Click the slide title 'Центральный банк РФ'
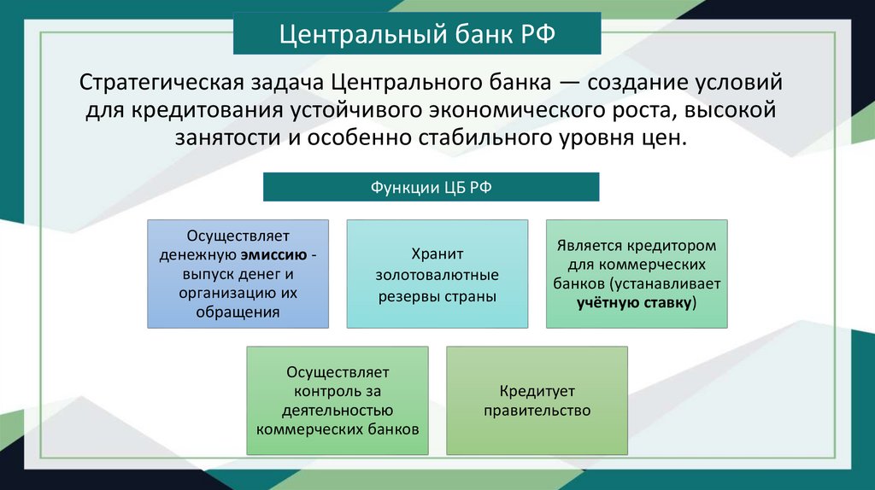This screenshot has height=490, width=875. pyautogui.click(x=418, y=37)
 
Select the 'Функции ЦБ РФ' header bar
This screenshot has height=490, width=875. pyautogui.click(x=431, y=187)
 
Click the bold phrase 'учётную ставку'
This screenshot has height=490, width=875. pyautogui.click(x=634, y=302)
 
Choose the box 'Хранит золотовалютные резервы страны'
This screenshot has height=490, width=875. pyautogui.click(x=437, y=274)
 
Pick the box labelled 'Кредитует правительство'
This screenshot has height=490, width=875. pyautogui.click(x=537, y=400)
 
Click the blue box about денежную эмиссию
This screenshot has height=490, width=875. pyautogui.click(x=238, y=274)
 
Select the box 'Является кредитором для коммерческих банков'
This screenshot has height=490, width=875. pyautogui.click(x=637, y=274)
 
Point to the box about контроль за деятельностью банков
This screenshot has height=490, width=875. pyautogui.click(x=338, y=400)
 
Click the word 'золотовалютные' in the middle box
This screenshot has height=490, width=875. pyautogui.click(x=437, y=275)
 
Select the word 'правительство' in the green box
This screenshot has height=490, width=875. pyautogui.click(x=537, y=411)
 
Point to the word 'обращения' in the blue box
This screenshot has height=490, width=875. pyautogui.click(x=238, y=312)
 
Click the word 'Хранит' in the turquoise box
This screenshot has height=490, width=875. pyautogui.click(x=437, y=254)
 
